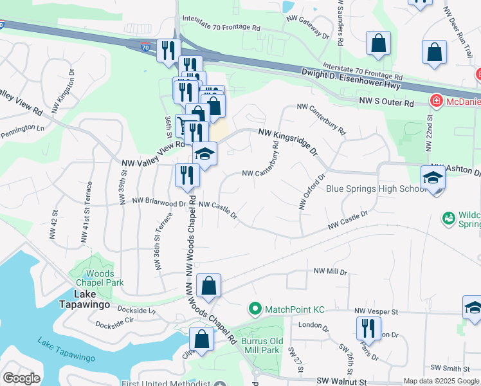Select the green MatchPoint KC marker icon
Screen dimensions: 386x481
click(255, 309)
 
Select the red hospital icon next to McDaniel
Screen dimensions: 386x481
click(436, 102)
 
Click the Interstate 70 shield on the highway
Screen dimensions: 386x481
click(147, 46)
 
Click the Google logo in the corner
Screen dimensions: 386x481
click(21, 378)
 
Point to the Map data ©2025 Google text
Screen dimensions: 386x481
click(440, 381)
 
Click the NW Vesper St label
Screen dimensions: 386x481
click(377, 311)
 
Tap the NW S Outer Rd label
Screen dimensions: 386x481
click(386, 102)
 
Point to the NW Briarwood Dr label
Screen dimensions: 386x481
click(159, 201)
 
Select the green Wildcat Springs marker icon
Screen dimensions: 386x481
click(448, 219)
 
